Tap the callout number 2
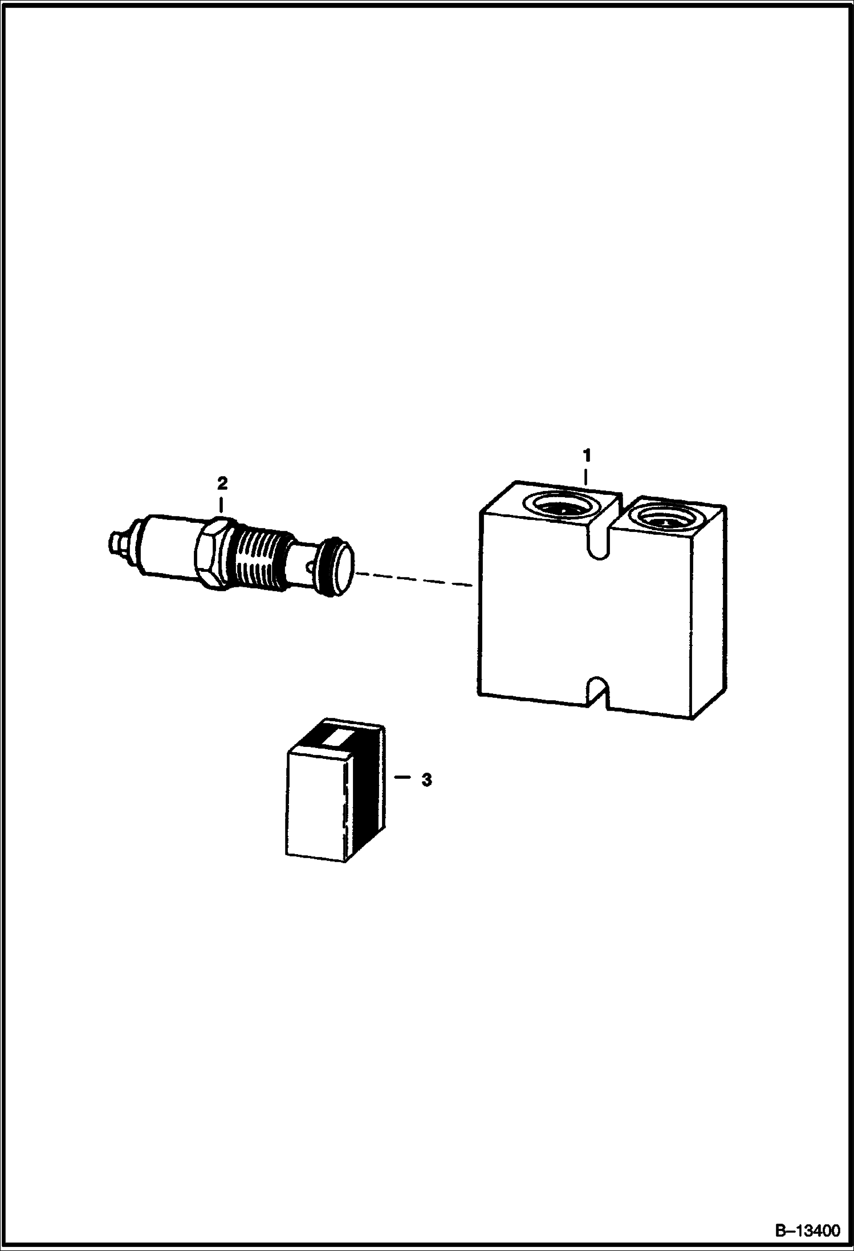[222, 484]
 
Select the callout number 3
[426, 780]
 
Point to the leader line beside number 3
[402, 777]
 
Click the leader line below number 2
[221, 505]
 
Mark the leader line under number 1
[586, 477]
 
